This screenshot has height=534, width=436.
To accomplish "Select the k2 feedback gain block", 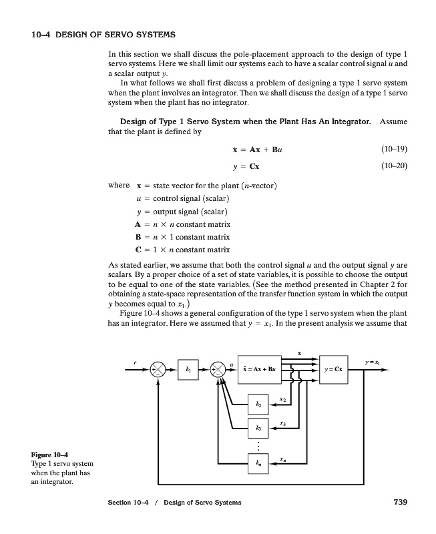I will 259,405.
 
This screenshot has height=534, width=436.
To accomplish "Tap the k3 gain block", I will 259,428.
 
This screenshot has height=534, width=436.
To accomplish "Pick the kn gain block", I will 259,463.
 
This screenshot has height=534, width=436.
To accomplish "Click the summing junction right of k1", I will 218,368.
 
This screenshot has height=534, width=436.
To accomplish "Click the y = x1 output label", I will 373,360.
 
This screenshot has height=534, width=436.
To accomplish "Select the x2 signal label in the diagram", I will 283,399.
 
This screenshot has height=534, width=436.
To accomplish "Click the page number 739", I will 397,502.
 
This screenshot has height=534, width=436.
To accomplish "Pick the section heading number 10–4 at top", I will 42,33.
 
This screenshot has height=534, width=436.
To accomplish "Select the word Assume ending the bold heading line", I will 393,121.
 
